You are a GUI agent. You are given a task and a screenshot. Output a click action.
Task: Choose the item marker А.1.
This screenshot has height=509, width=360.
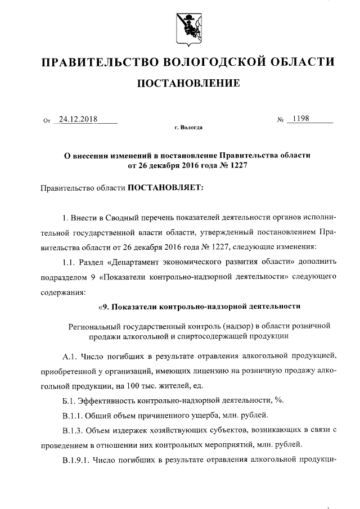click(x=70, y=356)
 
